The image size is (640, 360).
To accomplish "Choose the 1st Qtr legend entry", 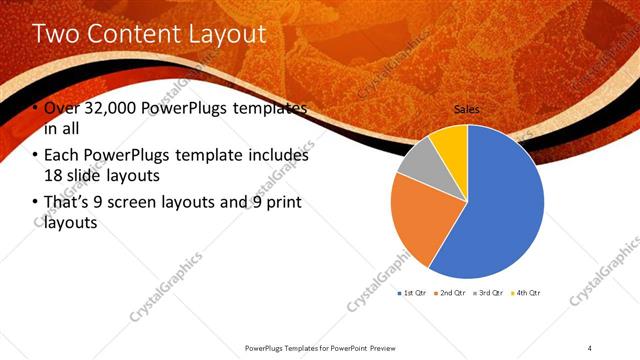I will (x=413, y=293).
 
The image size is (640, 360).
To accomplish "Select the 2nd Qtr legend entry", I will (x=450, y=293).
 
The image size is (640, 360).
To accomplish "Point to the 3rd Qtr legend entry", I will (x=488, y=293).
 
